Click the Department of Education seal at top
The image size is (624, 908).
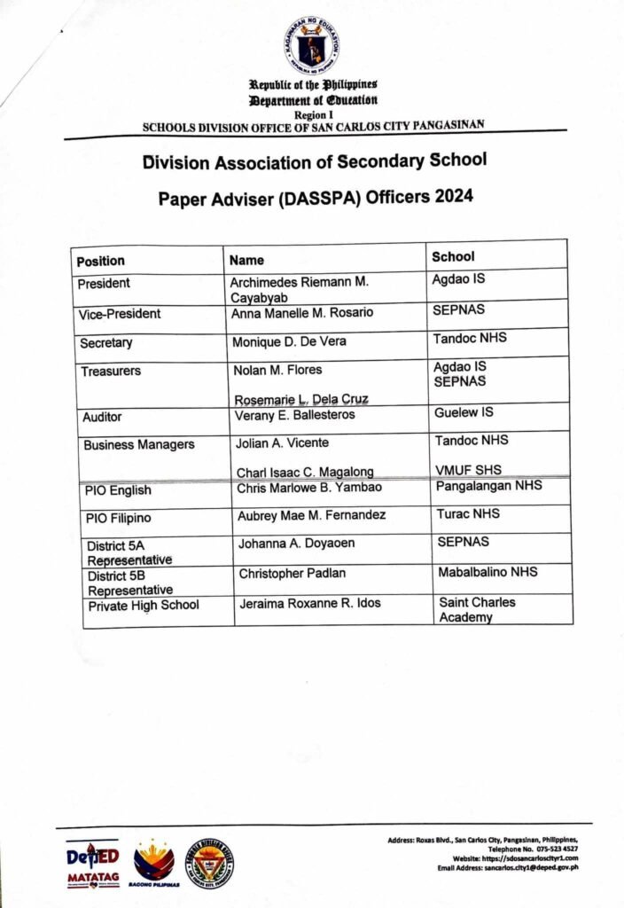312,44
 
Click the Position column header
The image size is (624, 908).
101,261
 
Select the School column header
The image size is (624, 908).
453,256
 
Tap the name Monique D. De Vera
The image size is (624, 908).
289,341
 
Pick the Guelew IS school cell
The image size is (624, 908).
464,412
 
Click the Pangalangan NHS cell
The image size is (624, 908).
489,486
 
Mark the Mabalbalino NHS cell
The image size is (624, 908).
487,572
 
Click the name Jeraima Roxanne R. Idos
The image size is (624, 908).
309,604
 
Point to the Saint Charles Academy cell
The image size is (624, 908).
477,609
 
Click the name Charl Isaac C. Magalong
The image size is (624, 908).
304,473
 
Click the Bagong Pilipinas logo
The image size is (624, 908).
154,864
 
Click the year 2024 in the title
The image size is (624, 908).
453,197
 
